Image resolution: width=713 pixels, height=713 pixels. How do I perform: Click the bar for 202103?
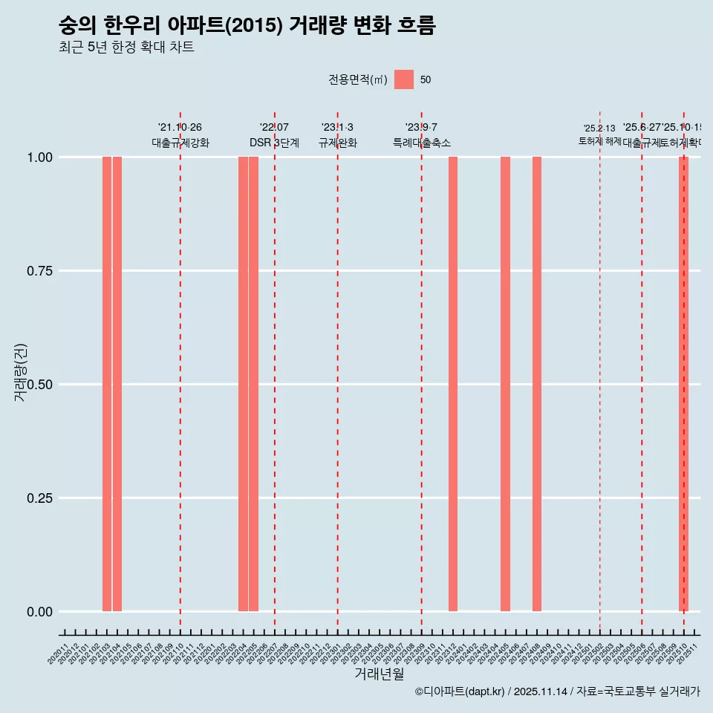click(107, 384)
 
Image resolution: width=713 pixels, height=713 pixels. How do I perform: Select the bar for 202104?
click(117, 384)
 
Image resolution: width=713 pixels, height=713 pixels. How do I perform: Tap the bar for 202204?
click(243, 384)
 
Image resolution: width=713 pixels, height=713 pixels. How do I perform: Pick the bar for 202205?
click(254, 384)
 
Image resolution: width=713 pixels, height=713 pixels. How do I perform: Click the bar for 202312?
click(453, 384)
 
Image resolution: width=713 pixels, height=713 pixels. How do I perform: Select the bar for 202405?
click(505, 384)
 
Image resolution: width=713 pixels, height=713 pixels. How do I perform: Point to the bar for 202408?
click(537, 384)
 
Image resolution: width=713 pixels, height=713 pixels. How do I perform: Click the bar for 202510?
click(683, 384)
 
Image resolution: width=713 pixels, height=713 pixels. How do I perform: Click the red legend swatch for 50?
click(404, 79)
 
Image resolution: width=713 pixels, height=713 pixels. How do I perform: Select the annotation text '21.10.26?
click(180, 128)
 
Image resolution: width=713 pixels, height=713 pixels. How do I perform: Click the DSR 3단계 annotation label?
click(274, 143)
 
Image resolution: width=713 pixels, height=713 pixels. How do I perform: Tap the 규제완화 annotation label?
click(338, 143)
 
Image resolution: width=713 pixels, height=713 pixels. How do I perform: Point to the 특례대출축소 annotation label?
click(422, 143)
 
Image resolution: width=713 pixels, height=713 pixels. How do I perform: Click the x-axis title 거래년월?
click(379, 674)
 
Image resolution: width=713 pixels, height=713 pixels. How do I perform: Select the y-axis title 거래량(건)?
click(21, 372)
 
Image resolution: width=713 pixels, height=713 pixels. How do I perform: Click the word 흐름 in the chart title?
click(416, 26)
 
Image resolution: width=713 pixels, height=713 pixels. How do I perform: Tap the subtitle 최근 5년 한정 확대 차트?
click(126, 48)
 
